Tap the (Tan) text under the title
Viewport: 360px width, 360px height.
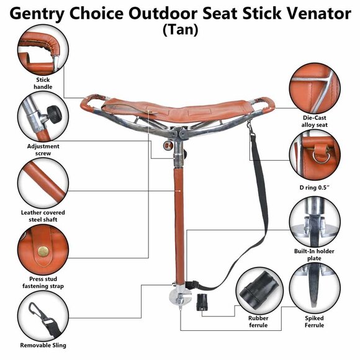[x=179, y=29]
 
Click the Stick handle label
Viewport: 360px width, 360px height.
[x=43, y=83]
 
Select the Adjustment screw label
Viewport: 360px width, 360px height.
[x=43, y=150]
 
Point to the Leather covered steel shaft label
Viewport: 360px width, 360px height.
[x=43, y=216]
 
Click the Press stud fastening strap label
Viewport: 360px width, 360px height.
[x=43, y=282]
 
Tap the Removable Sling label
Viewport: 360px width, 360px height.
[x=43, y=345]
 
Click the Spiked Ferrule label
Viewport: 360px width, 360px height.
[x=314, y=322]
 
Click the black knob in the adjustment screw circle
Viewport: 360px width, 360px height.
[x=55, y=113]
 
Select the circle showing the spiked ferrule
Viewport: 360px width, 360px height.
[x=314, y=291]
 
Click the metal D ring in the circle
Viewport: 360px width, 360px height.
[x=321, y=153]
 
